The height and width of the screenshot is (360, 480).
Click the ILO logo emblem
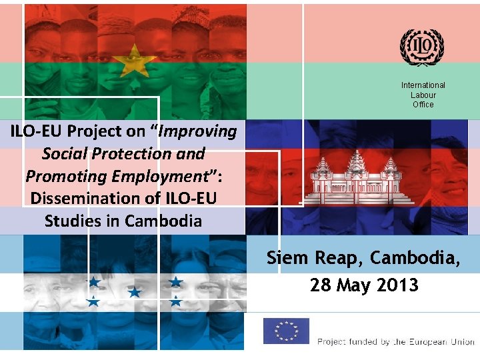422,47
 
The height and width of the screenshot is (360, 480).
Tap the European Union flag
286,331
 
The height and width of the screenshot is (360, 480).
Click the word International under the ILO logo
423,85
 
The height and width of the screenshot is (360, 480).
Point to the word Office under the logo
423,105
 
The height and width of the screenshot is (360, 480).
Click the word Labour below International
423,95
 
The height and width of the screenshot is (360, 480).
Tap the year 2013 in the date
395,285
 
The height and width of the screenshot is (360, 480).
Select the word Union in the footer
461,342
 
